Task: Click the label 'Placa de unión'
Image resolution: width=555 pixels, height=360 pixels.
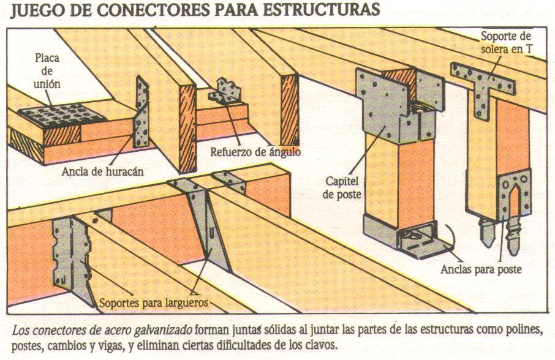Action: (x=47, y=72)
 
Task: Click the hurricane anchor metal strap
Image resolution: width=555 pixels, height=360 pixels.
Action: (x=142, y=113)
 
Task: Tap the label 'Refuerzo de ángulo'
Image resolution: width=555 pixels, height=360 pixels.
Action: (x=255, y=151)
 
